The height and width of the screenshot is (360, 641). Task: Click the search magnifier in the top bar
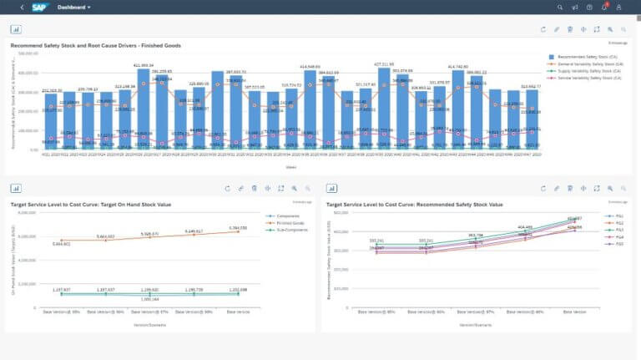560,7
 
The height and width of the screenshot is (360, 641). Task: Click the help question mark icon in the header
590,7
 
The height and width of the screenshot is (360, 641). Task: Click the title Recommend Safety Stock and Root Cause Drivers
96,45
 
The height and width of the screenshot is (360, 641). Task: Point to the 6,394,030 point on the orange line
238,231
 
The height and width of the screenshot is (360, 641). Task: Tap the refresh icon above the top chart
543,28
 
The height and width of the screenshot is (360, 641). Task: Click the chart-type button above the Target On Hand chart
17,189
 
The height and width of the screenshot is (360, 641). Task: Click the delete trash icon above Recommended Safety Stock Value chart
569,189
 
